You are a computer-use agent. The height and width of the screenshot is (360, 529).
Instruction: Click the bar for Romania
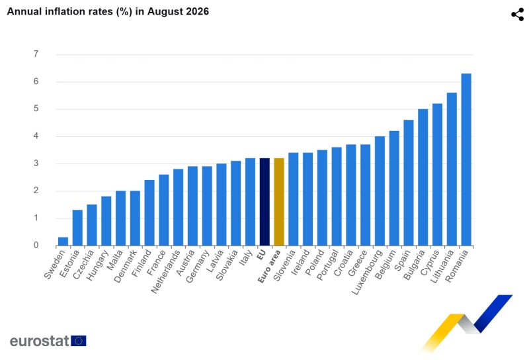(x=466, y=159)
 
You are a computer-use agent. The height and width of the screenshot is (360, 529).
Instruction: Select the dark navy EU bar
(x=264, y=202)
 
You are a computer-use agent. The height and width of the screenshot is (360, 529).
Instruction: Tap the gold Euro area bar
(x=279, y=202)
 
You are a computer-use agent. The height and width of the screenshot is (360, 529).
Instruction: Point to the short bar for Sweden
(x=63, y=241)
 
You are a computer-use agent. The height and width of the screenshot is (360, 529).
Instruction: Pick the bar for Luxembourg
(x=380, y=191)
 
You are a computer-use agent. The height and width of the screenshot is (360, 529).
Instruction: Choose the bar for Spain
(x=409, y=183)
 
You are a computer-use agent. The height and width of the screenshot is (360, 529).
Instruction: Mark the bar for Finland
(x=149, y=213)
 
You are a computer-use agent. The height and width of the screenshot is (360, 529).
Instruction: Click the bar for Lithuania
(x=452, y=169)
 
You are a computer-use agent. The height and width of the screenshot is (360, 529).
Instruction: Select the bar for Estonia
(x=77, y=228)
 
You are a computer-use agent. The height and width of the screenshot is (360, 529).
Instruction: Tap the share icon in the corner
(x=518, y=15)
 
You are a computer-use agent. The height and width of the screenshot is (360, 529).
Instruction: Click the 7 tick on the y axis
(x=36, y=54)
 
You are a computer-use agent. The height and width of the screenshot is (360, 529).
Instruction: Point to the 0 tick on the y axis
(x=36, y=246)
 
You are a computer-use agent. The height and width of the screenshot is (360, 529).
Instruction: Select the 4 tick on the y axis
(x=36, y=136)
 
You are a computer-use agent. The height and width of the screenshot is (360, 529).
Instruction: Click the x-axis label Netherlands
(x=166, y=272)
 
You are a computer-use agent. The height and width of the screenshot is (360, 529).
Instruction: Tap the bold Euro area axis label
(x=269, y=267)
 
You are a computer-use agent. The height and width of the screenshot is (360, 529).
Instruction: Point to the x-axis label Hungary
(x=97, y=265)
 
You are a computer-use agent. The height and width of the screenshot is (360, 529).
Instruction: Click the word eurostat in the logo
(x=40, y=341)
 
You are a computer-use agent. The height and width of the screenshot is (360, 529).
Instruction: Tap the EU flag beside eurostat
(x=79, y=341)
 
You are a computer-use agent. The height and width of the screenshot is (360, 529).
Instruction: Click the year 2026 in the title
(x=196, y=11)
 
